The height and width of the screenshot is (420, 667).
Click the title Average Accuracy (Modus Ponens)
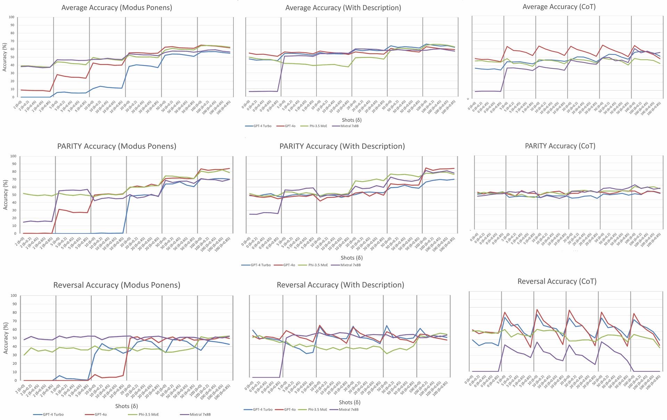pos(116,8)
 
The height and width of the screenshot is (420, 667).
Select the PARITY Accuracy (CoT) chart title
pos(560,146)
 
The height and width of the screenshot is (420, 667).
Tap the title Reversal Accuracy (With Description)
pos(340,285)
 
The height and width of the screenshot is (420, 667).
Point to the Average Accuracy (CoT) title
pos(559,7)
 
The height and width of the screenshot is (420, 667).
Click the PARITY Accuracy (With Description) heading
pos(342,146)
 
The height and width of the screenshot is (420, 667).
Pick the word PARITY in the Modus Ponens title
pos(69,146)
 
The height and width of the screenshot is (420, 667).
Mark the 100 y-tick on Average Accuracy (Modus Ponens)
pos(12,17)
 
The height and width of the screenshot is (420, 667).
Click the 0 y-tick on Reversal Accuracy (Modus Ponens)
pos(15,381)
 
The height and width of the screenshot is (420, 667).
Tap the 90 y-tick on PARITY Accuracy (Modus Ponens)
pos(14,164)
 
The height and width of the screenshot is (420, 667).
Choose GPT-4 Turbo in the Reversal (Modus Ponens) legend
pos(53,414)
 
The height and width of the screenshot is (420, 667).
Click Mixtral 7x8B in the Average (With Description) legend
pos(349,126)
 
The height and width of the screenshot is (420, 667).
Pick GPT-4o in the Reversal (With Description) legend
pos(290,410)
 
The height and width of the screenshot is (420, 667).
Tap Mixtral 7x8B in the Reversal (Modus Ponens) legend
pos(200,414)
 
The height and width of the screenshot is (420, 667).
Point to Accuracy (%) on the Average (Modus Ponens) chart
pos(5,57)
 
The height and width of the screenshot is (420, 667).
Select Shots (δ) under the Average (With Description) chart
pos(352,120)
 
